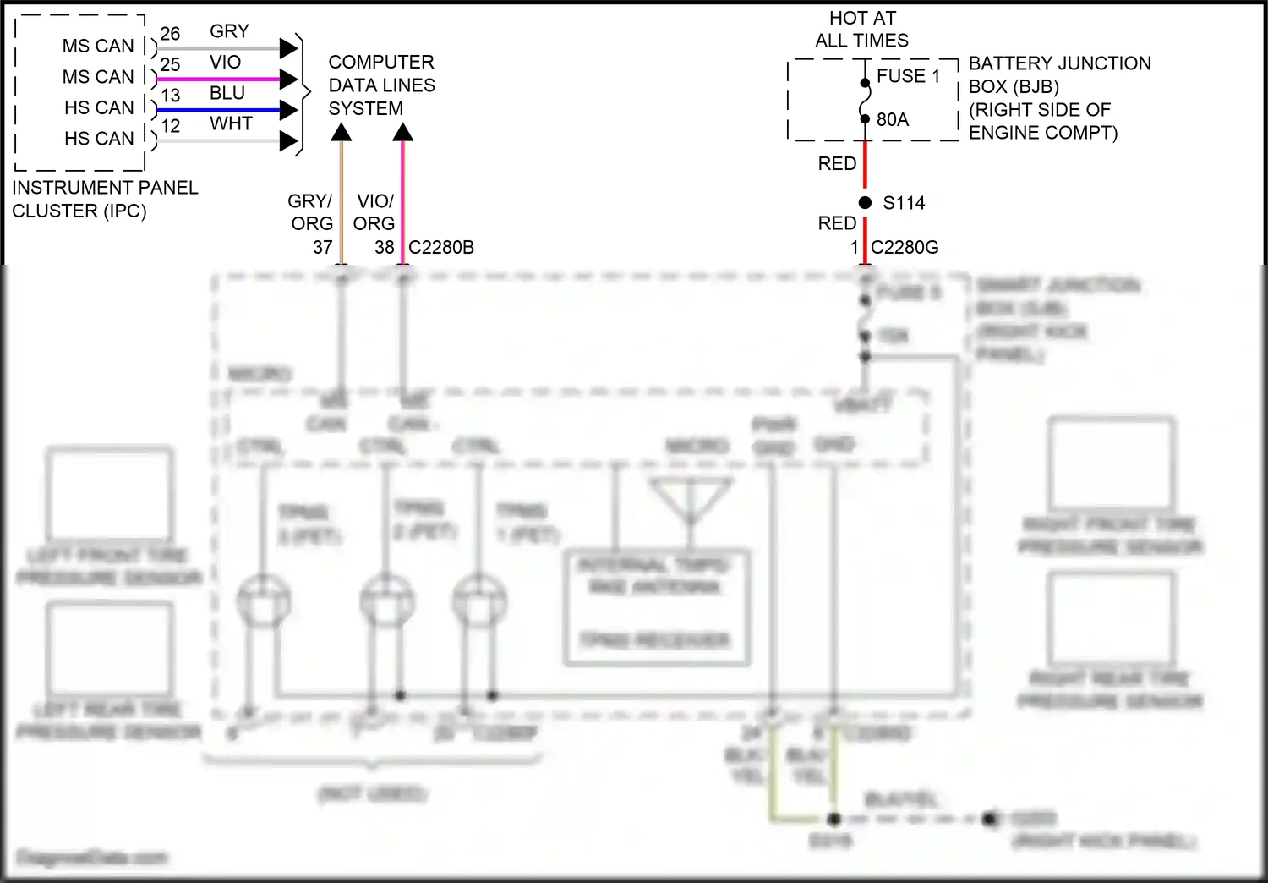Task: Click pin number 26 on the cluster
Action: [170, 34]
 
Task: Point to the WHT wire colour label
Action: [231, 123]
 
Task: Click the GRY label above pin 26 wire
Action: [229, 31]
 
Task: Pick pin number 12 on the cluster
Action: [170, 126]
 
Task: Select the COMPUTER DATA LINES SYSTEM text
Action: [381, 85]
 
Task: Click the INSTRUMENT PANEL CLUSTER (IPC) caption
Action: [104, 200]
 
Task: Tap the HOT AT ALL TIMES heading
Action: [861, 30]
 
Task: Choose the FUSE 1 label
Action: [908, 76]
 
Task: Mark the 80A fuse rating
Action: [892, 120]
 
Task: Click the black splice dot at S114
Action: [865, 203]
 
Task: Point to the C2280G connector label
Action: [905, 248]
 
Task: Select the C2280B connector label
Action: [441, 248]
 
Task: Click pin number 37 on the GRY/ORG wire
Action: [322, 248]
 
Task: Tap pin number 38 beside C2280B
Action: [384, 248]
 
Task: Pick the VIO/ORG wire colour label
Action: [374, 212]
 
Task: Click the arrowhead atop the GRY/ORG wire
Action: [342, 133]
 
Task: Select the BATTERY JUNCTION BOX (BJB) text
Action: [1058, 75]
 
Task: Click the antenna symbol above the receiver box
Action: [690, 499]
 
